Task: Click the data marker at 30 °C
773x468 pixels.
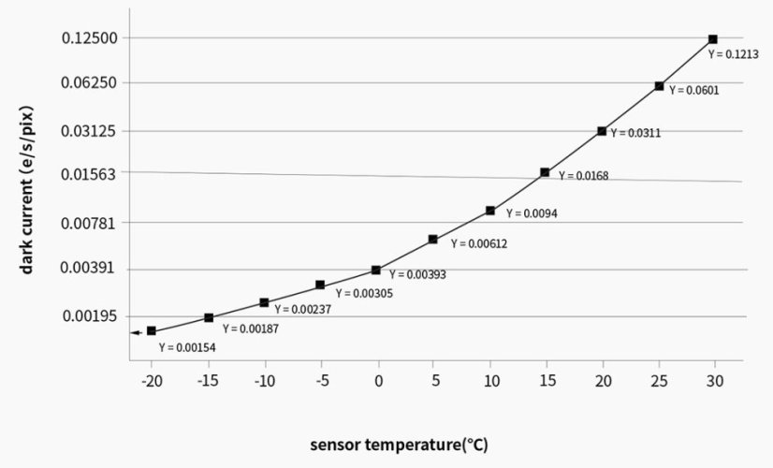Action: coord(712,39)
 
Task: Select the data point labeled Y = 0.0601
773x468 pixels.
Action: coord(660,86)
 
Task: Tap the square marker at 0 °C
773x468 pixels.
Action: coord(376,270)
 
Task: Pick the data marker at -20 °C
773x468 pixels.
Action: coord(152,330)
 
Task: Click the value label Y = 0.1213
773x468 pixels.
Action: coord(729,55)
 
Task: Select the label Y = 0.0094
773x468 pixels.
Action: coord(532,213)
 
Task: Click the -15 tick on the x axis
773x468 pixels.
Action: coord(208,382)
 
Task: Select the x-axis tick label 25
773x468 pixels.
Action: coord(660,382)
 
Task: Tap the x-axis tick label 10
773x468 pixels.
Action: coord(490,382)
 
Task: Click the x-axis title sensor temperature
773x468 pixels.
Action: coord(399,445)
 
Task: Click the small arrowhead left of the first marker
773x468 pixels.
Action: coord(135,331)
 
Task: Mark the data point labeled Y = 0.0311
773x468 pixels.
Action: coord(602,131)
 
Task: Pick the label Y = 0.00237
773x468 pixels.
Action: coord(303,309)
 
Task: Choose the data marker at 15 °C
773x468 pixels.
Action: coord(545,172)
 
